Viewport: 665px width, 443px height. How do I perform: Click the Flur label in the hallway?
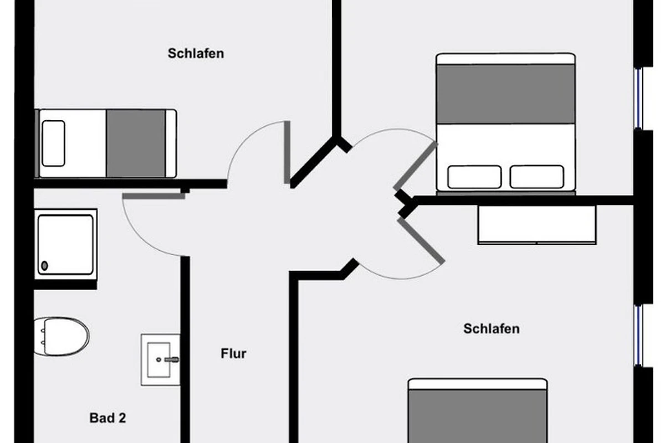pyautogui.click(x=233, y=353)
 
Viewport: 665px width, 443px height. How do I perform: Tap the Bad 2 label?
pyautogui.click(x=108, y=418)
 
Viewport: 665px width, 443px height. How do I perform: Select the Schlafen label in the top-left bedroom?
pyautogui.click(x=196, y=54)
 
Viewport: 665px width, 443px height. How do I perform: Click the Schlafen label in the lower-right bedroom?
pyautogui.click(x=492, y=328)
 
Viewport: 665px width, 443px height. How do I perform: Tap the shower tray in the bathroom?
pyautogui.click(x=65, y=244)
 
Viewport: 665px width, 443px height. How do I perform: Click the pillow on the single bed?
pyautogui.click(x=53, y=143)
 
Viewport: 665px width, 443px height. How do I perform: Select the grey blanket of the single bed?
pyautogui.click(x=136, y=143)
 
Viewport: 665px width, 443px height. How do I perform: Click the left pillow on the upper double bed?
pyautogui.click(x=474, y=177)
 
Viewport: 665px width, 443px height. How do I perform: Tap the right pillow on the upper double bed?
pyautogui.click(x=536, y=177)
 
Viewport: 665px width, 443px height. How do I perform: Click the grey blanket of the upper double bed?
pyautogui.click(x=505, y=93)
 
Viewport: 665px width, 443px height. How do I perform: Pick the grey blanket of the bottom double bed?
pyautogui.click(x=477, y=415)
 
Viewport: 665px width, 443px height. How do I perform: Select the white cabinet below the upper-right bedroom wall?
pyautogui.click(x=536, y=225)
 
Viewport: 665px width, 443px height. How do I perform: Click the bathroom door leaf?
pyautogui.click(x=153, y=195)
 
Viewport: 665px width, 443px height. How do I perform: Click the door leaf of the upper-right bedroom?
pyautogui.click(x=416, y=166)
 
